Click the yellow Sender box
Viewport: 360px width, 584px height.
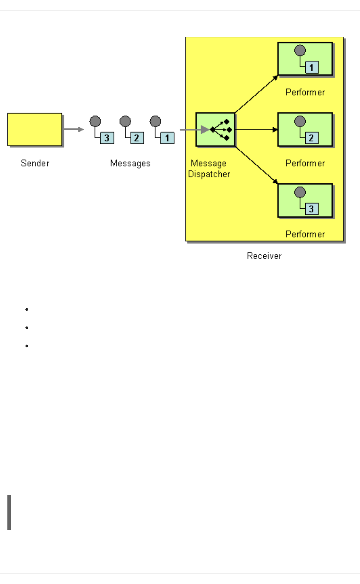pyautogui.click(x=35, y=129)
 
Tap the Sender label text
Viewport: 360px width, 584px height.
pyautogui.click(x=35, y=163)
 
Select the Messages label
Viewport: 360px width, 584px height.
pyautogui.click(x=130, y=163)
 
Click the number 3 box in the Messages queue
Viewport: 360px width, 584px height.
pyautogui.click(x=107, y=138)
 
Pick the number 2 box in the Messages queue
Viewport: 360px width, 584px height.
pyautogui.click(x=137, y=138)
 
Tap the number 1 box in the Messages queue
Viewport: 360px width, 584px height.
pyautogui.click(x=167, y=138)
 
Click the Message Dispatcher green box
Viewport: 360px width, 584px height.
pyautogui.click(x=215, y=129)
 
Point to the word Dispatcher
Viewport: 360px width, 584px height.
pyautogui.click(x=209, y=174)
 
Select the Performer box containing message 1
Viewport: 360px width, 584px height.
pyautogui.click(x=305, y=59)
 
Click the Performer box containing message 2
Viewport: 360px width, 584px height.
pyautogui.click(x=305, y=129)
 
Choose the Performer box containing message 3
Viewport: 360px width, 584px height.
pyautogui.click(x=305, y=200)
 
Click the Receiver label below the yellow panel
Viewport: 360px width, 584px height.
pyautogui.click(x=264, y=256)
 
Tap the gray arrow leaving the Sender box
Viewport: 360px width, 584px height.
pyautogui.click(x=73, y=129)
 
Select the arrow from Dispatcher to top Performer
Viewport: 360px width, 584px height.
pyautogui.click(x=257, y=94)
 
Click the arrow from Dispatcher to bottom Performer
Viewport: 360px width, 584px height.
pyautogui.click(x=257, y=165)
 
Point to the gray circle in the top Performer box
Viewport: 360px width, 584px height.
pyautogui.click(x=300, y=50)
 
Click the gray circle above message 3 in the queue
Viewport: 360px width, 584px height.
pyautogui.click(x=95, y=121)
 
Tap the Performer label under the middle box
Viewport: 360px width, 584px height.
pyautogui.click(x=305, y=163)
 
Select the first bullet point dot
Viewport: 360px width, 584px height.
pyautogui.click(x=27, y=309)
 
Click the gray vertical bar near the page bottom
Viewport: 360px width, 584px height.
pyautogui.click(x=9, y=512)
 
